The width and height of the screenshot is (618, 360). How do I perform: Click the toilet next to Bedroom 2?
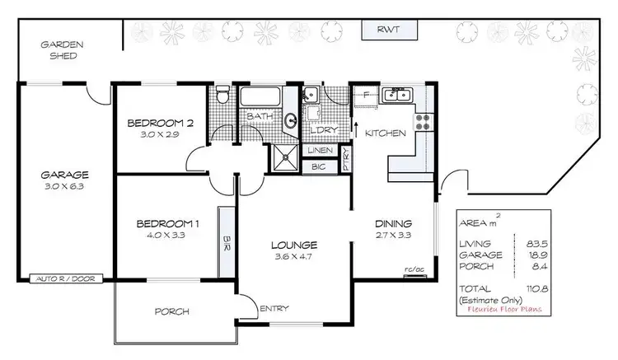[x=221, y=97]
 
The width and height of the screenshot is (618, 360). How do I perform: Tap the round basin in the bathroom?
[x=290, y=123]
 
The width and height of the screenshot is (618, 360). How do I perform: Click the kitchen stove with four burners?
[x=424, y=122]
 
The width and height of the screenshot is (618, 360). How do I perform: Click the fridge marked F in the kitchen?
[x=364, y=96]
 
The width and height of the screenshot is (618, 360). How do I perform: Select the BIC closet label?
[x=318, y=167]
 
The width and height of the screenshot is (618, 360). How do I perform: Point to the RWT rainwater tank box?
[x=390, y=30]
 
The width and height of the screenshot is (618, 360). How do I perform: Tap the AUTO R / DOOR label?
[x=65, y=279]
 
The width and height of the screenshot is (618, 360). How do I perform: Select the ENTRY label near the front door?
[x=274, y=309]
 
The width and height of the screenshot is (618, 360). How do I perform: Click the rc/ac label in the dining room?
[x=414, y=268]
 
